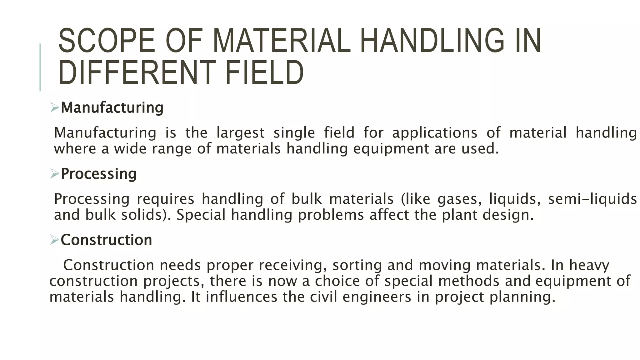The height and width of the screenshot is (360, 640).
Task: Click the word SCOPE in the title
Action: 107,41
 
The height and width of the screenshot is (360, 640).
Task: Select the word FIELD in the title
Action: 264,73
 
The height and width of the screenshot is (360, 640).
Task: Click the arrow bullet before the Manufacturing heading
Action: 54,108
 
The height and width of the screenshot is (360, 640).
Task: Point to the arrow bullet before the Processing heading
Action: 54,174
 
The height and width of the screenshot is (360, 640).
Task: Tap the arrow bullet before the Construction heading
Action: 54,240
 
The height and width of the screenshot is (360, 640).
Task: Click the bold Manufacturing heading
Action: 112,108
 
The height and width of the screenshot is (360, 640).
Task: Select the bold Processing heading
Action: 99,174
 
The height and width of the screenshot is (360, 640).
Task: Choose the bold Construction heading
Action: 106,240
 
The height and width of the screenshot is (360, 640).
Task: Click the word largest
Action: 241,133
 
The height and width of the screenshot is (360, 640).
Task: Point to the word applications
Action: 435,133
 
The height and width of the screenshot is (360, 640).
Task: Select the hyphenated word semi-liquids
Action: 592,199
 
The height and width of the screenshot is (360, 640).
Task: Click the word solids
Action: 144,215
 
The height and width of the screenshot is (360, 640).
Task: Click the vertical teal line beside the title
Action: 40,67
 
